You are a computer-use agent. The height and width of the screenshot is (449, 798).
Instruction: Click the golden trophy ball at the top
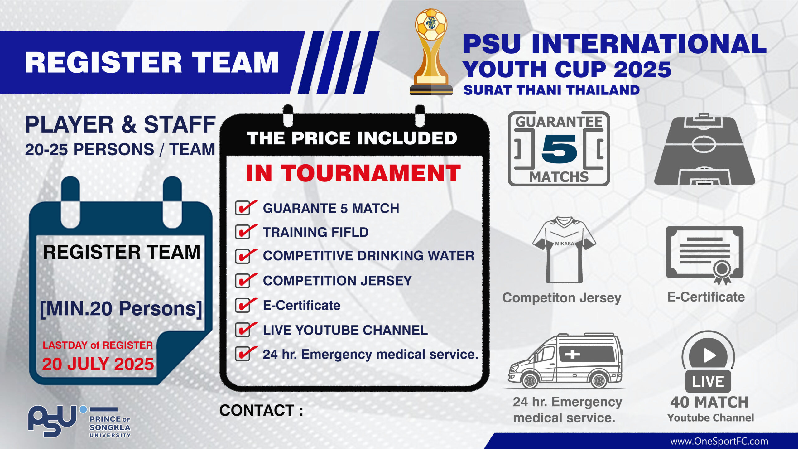pos(431,25)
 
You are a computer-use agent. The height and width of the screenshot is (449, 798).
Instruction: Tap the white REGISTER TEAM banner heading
pos(152,63)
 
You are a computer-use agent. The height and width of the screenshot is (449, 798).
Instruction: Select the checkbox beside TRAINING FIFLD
pos(243,232)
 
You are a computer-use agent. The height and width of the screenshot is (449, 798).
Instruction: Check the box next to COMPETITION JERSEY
pos(243,281)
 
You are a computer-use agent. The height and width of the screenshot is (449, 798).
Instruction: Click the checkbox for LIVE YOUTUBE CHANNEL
pos(243,330)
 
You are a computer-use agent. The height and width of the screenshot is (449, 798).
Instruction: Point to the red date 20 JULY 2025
pos(98,364)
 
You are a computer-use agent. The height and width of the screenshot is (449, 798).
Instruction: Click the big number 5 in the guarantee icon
pos(559,149)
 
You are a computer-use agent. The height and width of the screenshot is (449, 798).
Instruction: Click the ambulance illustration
pos(565,360)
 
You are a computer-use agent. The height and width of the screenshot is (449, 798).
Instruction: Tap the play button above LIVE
pos(708,355)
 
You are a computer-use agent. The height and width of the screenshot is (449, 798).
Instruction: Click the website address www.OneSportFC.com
pos(719,442)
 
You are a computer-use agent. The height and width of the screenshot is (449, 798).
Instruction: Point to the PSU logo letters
pos(52,421)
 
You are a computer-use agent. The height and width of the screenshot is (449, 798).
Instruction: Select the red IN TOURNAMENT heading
pos(353,173)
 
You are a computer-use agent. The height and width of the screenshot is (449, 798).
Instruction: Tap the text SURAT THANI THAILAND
pos(551,90)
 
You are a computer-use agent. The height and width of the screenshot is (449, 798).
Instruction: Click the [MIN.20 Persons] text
pos(121,309)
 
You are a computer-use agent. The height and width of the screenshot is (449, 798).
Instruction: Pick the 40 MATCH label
pos(709,402)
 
